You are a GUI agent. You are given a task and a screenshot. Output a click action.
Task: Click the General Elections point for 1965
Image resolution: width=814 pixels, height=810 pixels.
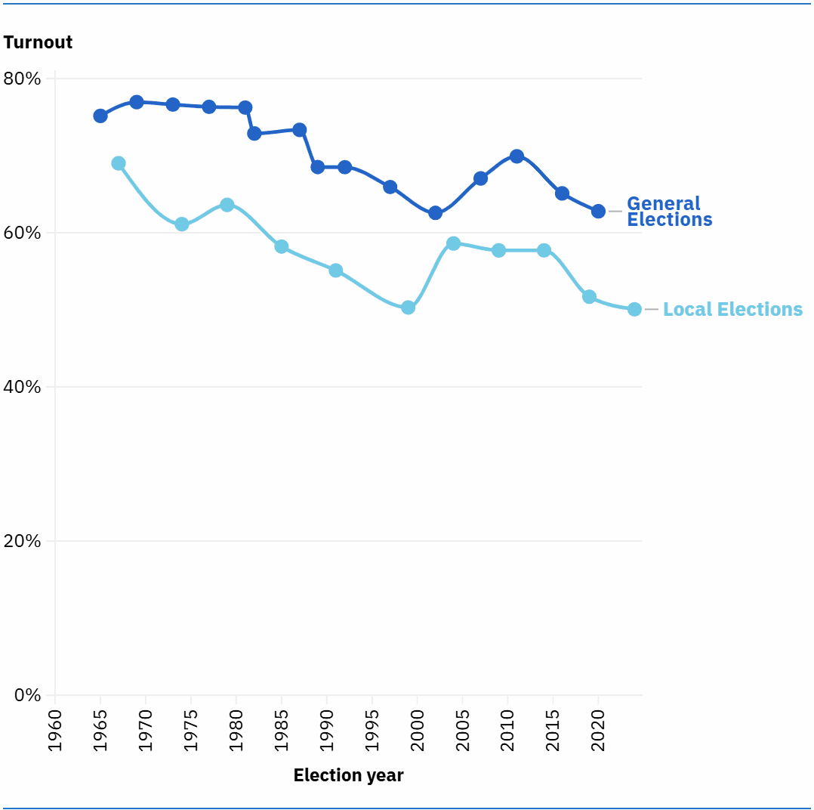coord(100,116)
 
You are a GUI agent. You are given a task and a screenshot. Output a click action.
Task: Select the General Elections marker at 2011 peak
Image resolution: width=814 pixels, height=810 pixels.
coord(516,156)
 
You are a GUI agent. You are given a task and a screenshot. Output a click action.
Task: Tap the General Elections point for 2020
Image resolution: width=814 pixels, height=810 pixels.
coord(598,212)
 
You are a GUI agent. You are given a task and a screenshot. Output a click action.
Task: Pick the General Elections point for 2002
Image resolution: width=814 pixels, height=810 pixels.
coord(435,213)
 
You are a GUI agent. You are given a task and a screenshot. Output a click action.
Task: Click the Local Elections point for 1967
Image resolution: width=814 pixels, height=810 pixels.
coord(119,163)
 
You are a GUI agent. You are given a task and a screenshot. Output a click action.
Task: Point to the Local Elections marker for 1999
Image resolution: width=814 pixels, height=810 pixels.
coord(408,308)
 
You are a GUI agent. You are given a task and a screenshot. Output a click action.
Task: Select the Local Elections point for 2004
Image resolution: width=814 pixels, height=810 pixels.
coord(453,243)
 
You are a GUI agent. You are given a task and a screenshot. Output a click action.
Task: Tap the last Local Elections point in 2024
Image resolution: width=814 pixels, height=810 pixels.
coord(634,309)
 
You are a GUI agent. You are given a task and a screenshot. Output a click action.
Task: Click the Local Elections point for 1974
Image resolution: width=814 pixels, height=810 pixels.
coord(182,224)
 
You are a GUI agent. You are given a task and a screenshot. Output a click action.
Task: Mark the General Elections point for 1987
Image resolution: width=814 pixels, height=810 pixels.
coord(300,130)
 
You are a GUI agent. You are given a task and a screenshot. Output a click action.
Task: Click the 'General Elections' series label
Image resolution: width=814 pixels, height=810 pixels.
coord(669,212)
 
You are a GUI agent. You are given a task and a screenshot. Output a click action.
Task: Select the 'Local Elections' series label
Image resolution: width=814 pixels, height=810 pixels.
coord(732,310)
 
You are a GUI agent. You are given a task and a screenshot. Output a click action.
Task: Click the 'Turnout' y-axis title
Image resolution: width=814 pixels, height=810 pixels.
coord(38,42)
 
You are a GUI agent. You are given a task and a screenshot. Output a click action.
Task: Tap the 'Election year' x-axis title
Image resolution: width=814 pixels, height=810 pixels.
coord(348,775)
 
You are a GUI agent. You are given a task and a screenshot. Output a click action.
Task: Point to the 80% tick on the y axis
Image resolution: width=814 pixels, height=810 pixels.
coord(22,79)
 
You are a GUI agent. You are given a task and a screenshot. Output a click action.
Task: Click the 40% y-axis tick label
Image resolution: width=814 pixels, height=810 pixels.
coord(22,387)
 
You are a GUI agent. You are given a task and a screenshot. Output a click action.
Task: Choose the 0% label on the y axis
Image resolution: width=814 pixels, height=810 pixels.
coord(26,695)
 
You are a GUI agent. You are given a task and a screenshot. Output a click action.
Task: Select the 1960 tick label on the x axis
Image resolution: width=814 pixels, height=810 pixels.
coord(55,730)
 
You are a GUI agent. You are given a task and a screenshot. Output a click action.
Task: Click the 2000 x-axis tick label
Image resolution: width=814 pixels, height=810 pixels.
coord(417,730)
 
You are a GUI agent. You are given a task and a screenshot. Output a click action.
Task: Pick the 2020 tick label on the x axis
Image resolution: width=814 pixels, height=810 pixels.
coord(598,730)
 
